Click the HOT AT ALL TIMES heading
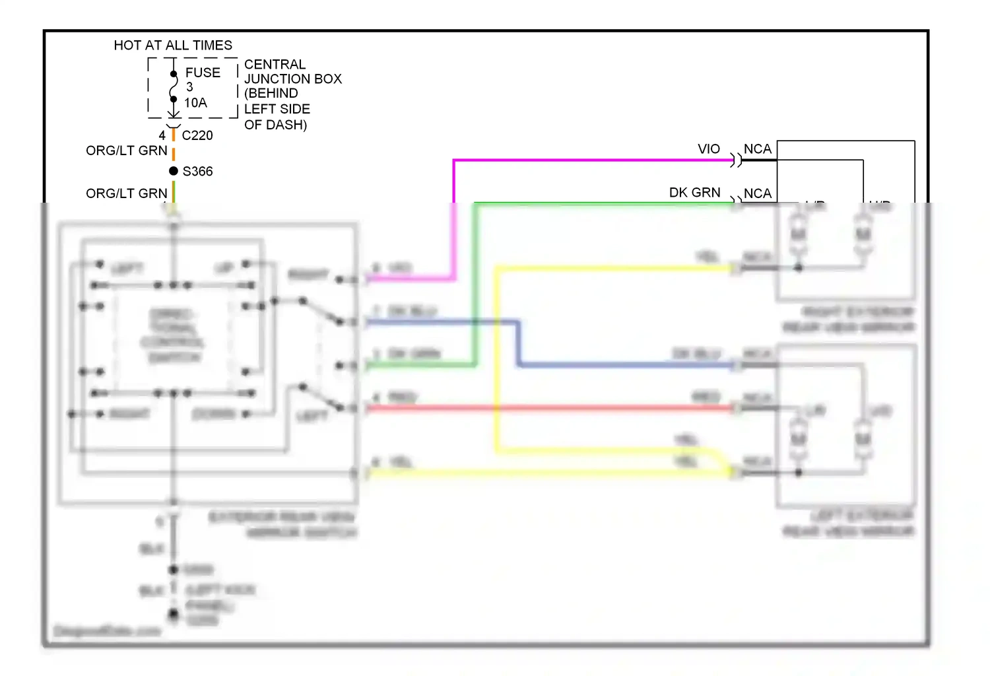tap(173, 46)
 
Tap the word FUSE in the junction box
tap(203, 73)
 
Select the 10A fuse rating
tap(195, 103)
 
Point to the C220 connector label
tap(197, 135)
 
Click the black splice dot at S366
tap(174, 171)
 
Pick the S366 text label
tap(197, 172)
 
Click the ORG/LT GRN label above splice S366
tap(127, 151)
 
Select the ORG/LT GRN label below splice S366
tap(127, 193)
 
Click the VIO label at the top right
tap(709, 149)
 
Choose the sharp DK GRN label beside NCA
tap(694, 193)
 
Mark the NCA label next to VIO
tap(757, 149)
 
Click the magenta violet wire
tap(594, 160)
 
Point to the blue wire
tap(627, 364)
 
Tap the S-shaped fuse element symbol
tap(174, 86)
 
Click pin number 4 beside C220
tap(162, 135)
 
